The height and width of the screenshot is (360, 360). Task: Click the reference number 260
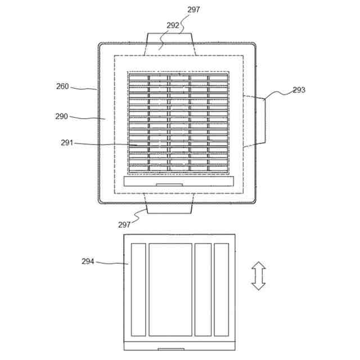[62, 86]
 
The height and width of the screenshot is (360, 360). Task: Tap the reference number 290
[61, 116]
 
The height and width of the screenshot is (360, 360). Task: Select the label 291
[67, 143]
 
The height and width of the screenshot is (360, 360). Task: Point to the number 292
[173, 25]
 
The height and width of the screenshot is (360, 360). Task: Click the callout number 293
[299, 90]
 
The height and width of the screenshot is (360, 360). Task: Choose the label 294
[88, 261]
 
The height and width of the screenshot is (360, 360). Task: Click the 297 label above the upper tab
[193, 10]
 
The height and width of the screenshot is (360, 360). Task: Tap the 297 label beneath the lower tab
[124, 224]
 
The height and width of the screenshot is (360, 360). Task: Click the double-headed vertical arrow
[258, 276]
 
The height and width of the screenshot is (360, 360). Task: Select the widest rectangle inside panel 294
[170, 289]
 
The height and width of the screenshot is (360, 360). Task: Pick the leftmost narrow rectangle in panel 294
[138, 289]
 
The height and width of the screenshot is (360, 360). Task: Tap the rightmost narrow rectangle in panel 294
[222, 289]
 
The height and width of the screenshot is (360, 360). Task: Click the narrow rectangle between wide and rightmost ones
[202, 289]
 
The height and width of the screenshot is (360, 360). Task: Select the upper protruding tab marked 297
[170, 42]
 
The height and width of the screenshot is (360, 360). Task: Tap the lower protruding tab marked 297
[169, 204]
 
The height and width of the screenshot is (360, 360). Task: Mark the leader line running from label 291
[104, 144]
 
